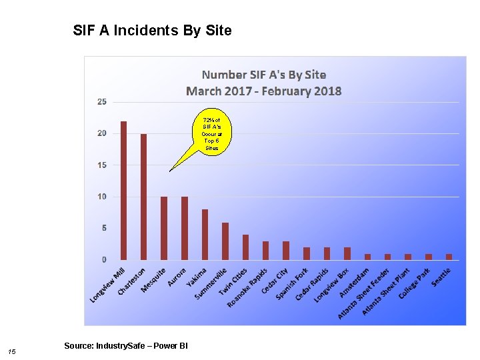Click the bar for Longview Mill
(x=123, y=191)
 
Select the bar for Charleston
(x=143, y=197)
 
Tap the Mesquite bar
(x=164, y=228)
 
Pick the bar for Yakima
(x=205, y=234)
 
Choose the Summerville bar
(x=225, y=241)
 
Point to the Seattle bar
(x=449, y=257)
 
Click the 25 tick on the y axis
(x=101, y=102)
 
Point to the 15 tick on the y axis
(x=101, y=165)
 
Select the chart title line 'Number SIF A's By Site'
(x=264, y=75)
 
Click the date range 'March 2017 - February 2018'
(x=264, y=91)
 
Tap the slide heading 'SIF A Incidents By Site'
(x=152, y=31)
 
